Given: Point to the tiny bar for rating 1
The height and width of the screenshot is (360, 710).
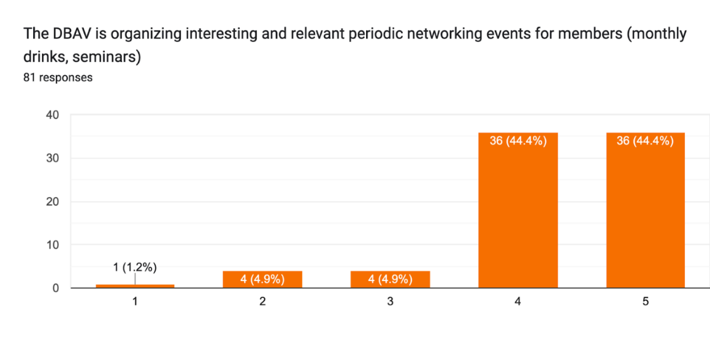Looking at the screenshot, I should [135, 286].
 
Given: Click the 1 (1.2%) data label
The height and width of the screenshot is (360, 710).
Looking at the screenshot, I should [135, 268].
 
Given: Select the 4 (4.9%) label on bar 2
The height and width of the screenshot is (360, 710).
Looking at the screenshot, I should [263, 279].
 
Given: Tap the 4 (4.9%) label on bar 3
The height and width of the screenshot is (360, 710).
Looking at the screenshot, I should [390, 279].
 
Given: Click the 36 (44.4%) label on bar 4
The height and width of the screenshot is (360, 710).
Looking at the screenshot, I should [518, 141].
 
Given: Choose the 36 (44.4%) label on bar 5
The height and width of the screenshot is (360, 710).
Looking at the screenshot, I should [645, 141].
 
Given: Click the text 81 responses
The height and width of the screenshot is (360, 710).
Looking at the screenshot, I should [58, 77].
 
